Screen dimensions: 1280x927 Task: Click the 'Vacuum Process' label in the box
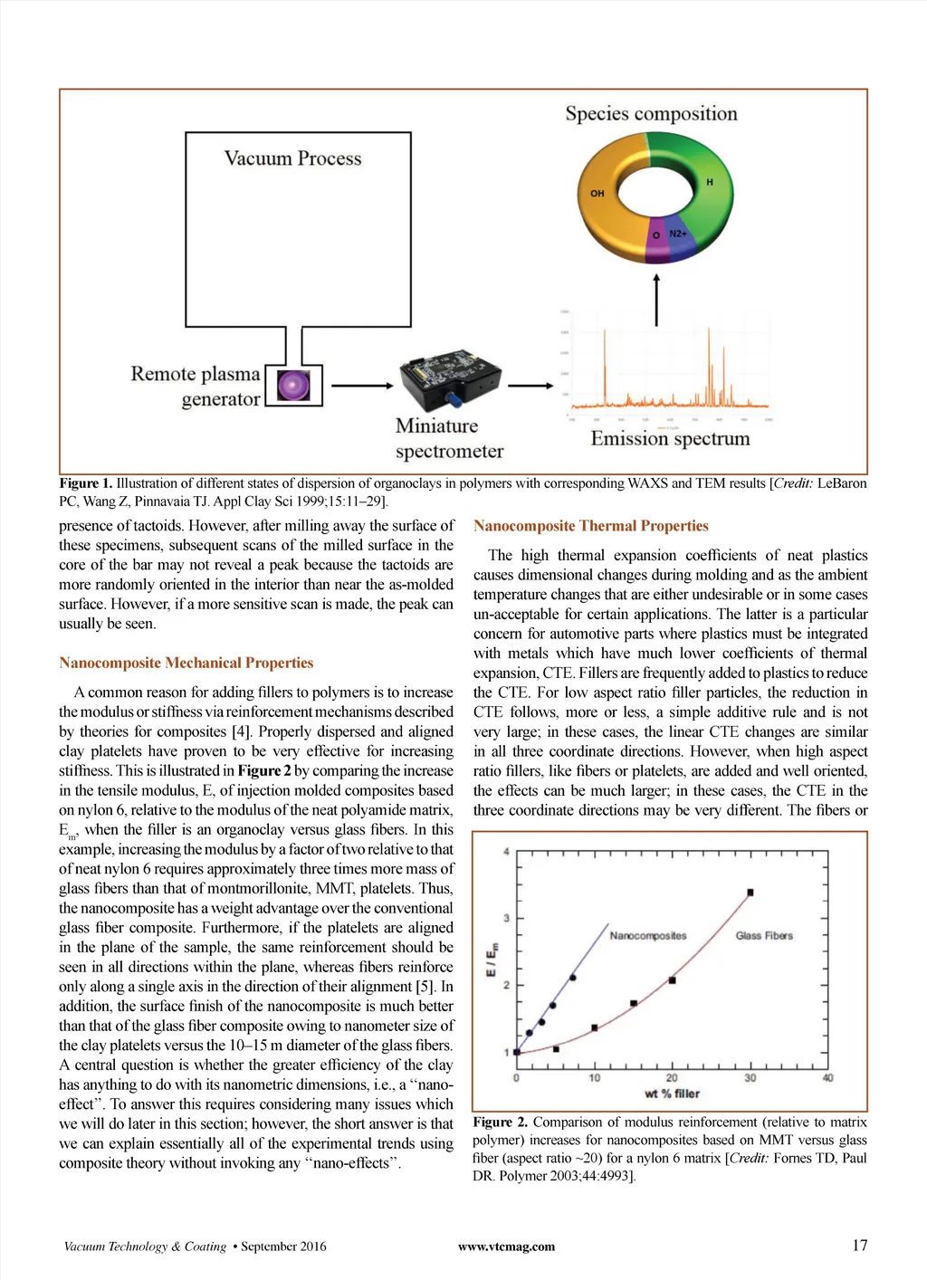click(292, 158)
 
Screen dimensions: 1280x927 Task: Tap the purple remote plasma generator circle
click(293, 385)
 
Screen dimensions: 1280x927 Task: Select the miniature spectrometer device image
click(450, 378)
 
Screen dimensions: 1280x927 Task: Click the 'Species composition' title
click(651, 114)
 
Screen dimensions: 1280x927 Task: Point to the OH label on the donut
click(597, 193)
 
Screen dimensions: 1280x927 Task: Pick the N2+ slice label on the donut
click(677, 234)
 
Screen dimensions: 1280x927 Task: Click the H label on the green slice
click(710, 182)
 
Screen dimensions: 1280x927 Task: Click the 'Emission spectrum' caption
click(670, 439)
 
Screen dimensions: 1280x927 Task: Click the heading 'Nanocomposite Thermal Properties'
click(590, 526)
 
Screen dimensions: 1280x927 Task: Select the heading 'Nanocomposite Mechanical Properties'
click(186, 663)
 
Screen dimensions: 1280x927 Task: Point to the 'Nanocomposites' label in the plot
click(648, 935)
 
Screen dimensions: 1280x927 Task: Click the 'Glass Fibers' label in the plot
click(764, 935)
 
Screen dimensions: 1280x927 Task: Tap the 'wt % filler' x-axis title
click(672, 1094)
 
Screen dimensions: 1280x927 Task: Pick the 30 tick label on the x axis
click(750, 1077)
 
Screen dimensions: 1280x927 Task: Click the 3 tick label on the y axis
click(507, 918)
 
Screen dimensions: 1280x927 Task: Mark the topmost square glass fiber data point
click(750, 893)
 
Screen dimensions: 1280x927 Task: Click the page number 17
click(859, 1246)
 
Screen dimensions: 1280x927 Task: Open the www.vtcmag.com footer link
click(506, 1247)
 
